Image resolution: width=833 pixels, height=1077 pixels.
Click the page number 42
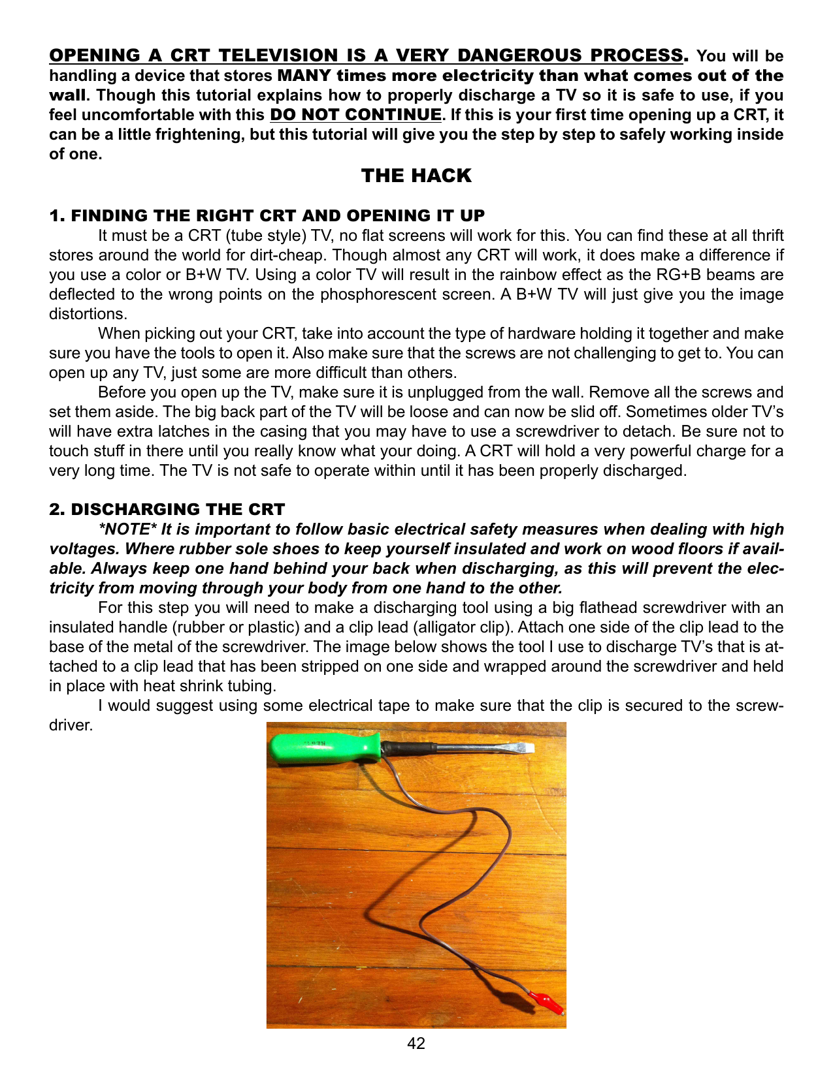click(x=416, y=1043)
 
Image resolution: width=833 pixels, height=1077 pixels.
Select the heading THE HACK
click(x=416, y=176)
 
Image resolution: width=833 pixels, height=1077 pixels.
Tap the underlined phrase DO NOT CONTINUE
click(x=355, y=115)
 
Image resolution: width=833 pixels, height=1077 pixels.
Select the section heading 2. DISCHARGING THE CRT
click(x=167, y=509)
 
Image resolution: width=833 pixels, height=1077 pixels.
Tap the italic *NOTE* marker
click(x=127, y=529)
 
